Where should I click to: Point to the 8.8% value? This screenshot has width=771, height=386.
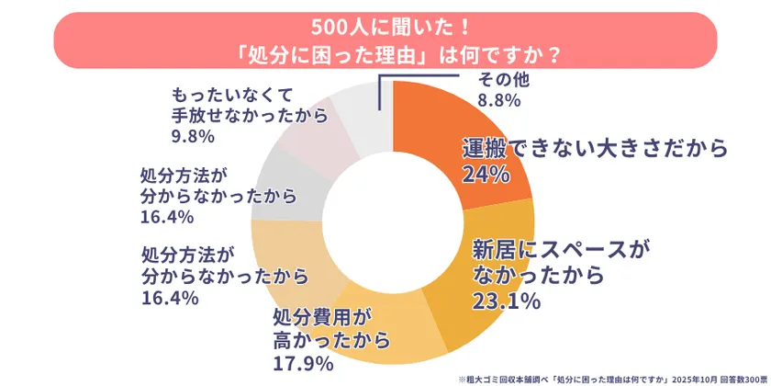point(499,99)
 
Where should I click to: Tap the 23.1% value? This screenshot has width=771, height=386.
point(505,301)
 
